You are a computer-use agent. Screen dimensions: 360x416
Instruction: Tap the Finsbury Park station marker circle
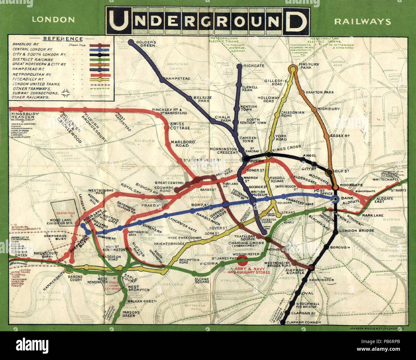(x=292, y=68)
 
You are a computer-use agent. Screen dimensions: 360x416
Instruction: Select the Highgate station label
(x=254, y=66)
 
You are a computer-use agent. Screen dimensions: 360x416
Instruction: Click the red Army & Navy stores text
(x=252, y=270)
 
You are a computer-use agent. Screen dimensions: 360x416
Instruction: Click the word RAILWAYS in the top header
(x=362, y=22)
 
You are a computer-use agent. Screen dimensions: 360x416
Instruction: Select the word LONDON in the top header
(x=53, y=20)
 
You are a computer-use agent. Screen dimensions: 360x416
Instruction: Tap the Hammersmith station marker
(x=69, y=269)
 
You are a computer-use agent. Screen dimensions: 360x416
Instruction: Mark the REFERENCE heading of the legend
(x=63, y=39)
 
